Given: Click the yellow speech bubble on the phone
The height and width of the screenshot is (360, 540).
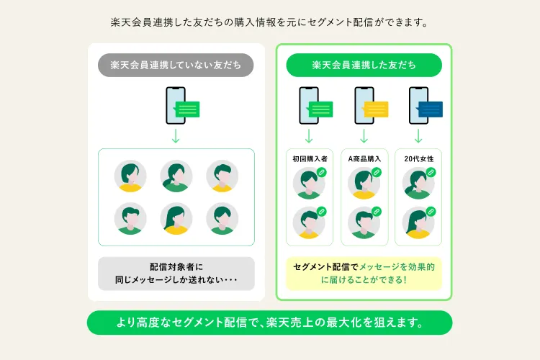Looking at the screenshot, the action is coord(376,109).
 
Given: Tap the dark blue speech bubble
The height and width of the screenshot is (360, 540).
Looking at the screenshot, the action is coord(430,109).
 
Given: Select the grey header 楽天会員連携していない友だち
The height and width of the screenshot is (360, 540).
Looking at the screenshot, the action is coord(176,65).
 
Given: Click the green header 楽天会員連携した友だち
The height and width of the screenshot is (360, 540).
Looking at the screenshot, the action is coord(364,65).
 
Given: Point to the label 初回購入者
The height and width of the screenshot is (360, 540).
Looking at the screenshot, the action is coord(310,159).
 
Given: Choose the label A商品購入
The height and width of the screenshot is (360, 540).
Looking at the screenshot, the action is coord(364,159).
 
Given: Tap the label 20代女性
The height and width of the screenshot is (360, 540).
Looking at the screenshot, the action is coord(419,159).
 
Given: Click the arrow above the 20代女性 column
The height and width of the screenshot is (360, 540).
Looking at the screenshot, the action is coord(418,136).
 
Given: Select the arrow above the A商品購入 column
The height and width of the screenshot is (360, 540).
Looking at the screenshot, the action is coord(364,136).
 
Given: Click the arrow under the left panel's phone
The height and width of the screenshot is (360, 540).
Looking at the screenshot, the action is coord(176,136).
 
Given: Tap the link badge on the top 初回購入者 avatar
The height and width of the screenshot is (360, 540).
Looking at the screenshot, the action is coord(322,172).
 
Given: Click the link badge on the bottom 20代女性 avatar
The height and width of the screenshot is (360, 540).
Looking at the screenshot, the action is coord(431,211).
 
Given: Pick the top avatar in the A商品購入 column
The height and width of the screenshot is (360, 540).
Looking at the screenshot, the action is coord(364,184).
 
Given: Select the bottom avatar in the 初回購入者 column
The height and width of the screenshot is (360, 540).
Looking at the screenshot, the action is coord(309,222).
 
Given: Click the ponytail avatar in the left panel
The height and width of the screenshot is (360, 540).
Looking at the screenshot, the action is coord(176,176).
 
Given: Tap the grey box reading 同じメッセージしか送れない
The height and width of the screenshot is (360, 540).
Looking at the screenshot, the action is coord(176,274).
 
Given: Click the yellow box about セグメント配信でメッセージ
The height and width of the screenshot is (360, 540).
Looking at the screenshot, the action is coord(364,274).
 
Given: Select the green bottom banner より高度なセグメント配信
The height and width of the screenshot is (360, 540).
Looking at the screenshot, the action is coord(270,323).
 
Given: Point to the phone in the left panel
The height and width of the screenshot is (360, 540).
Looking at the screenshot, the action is coord(176,105).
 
